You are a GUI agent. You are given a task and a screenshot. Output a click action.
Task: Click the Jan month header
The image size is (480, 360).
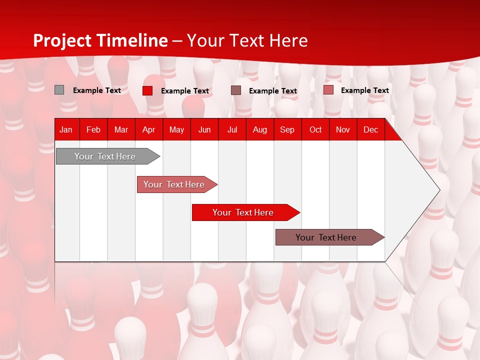(x=66, y=129)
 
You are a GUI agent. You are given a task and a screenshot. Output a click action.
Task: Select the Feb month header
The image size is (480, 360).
(x=93, y=129)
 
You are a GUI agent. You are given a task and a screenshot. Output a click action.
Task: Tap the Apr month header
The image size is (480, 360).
(x=148, y=129)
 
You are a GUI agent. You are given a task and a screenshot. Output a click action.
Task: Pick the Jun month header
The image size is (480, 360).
(x=204, y=129)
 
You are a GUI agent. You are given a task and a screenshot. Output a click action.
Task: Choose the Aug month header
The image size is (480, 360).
(x=259, y=129)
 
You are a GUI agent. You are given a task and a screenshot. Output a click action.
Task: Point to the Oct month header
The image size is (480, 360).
(x=315, y=129)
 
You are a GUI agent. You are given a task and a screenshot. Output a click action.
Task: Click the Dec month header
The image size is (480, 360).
(x=370, y=129)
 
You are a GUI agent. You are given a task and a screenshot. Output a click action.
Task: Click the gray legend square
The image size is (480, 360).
(x=59, y=90)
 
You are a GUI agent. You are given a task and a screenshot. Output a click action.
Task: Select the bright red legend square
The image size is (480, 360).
(x=147, y=90)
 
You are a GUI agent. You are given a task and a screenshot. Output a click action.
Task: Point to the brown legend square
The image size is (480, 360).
(x=236, y=90)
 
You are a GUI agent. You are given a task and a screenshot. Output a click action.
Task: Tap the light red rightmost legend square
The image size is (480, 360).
(x=328, y=90)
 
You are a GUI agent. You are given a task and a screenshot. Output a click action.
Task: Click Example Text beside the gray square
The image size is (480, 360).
(x=97, y=90)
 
